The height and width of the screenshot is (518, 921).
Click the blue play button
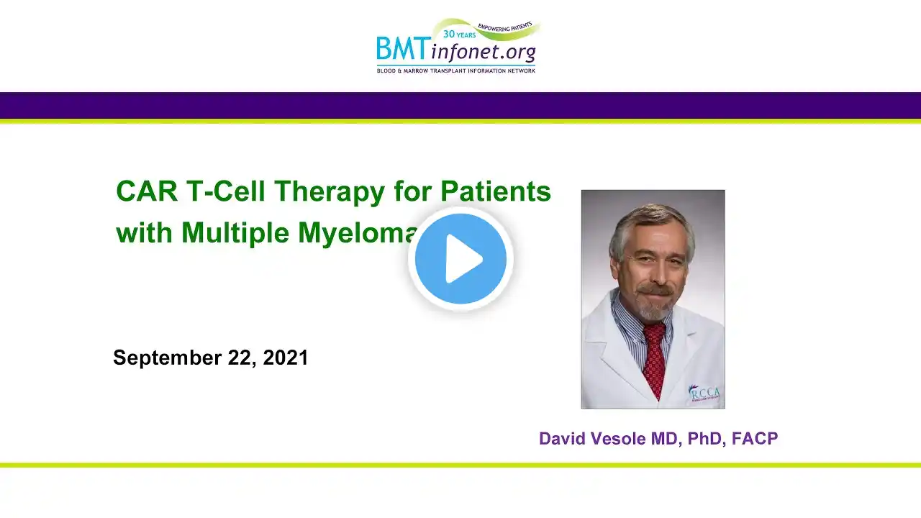[460, 258]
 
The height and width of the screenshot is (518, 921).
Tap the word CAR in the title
[147, 191]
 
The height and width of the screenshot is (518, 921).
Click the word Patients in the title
[496, 191]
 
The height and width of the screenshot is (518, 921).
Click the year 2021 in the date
[286, 358]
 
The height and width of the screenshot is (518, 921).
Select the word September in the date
[168, 358]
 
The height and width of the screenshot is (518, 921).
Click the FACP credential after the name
[755, 438]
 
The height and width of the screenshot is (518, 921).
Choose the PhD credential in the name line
[705, 439]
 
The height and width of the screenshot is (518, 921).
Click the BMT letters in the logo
[401, 48]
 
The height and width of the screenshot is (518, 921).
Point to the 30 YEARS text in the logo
[459, 35]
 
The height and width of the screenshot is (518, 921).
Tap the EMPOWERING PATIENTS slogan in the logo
[505, 27]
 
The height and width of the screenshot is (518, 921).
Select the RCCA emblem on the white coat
[704, 394]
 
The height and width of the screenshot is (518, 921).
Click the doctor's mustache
[655, 290]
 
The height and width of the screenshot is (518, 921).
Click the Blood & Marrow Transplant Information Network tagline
[456, 71]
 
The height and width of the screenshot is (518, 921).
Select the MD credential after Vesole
[664, 439]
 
